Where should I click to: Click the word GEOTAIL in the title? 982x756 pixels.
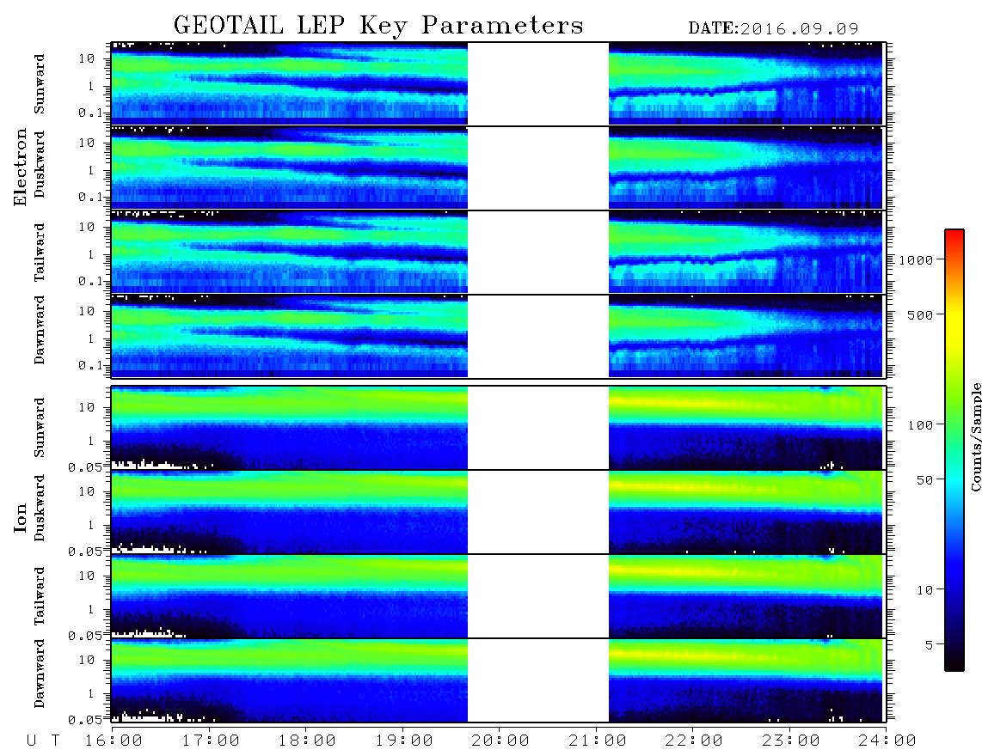(x=229, y=26)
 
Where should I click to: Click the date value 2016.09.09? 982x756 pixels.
(x=799, y=29)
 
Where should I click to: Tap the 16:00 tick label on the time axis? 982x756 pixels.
(x=114, y=741)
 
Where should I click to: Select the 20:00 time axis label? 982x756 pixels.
(x=500, y=741)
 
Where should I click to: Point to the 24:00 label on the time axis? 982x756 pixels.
(x=887, y=741)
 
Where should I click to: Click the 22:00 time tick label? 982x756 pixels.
(x=694, y=741)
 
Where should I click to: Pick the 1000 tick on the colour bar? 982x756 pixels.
(x=917, y=259)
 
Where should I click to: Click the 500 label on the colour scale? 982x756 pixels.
(x=920, y=314)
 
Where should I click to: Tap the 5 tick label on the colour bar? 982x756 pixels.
(x=930, y=644)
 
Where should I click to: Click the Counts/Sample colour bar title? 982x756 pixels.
(x=975, y=436)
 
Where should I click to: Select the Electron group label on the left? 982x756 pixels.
(x=20, y=167)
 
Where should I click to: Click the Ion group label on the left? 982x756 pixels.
(x=20, y=517)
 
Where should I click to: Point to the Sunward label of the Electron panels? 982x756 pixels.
(x=39, y=84)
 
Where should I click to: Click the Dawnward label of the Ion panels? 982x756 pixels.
(x=39, y=673)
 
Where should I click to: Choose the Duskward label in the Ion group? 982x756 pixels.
(x=39, y=508)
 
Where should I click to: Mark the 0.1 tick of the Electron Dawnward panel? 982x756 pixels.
(x=90, y=365)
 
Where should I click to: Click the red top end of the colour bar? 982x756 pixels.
(x=954, y=232)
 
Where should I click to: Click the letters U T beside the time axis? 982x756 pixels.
(x=43, y=741)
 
